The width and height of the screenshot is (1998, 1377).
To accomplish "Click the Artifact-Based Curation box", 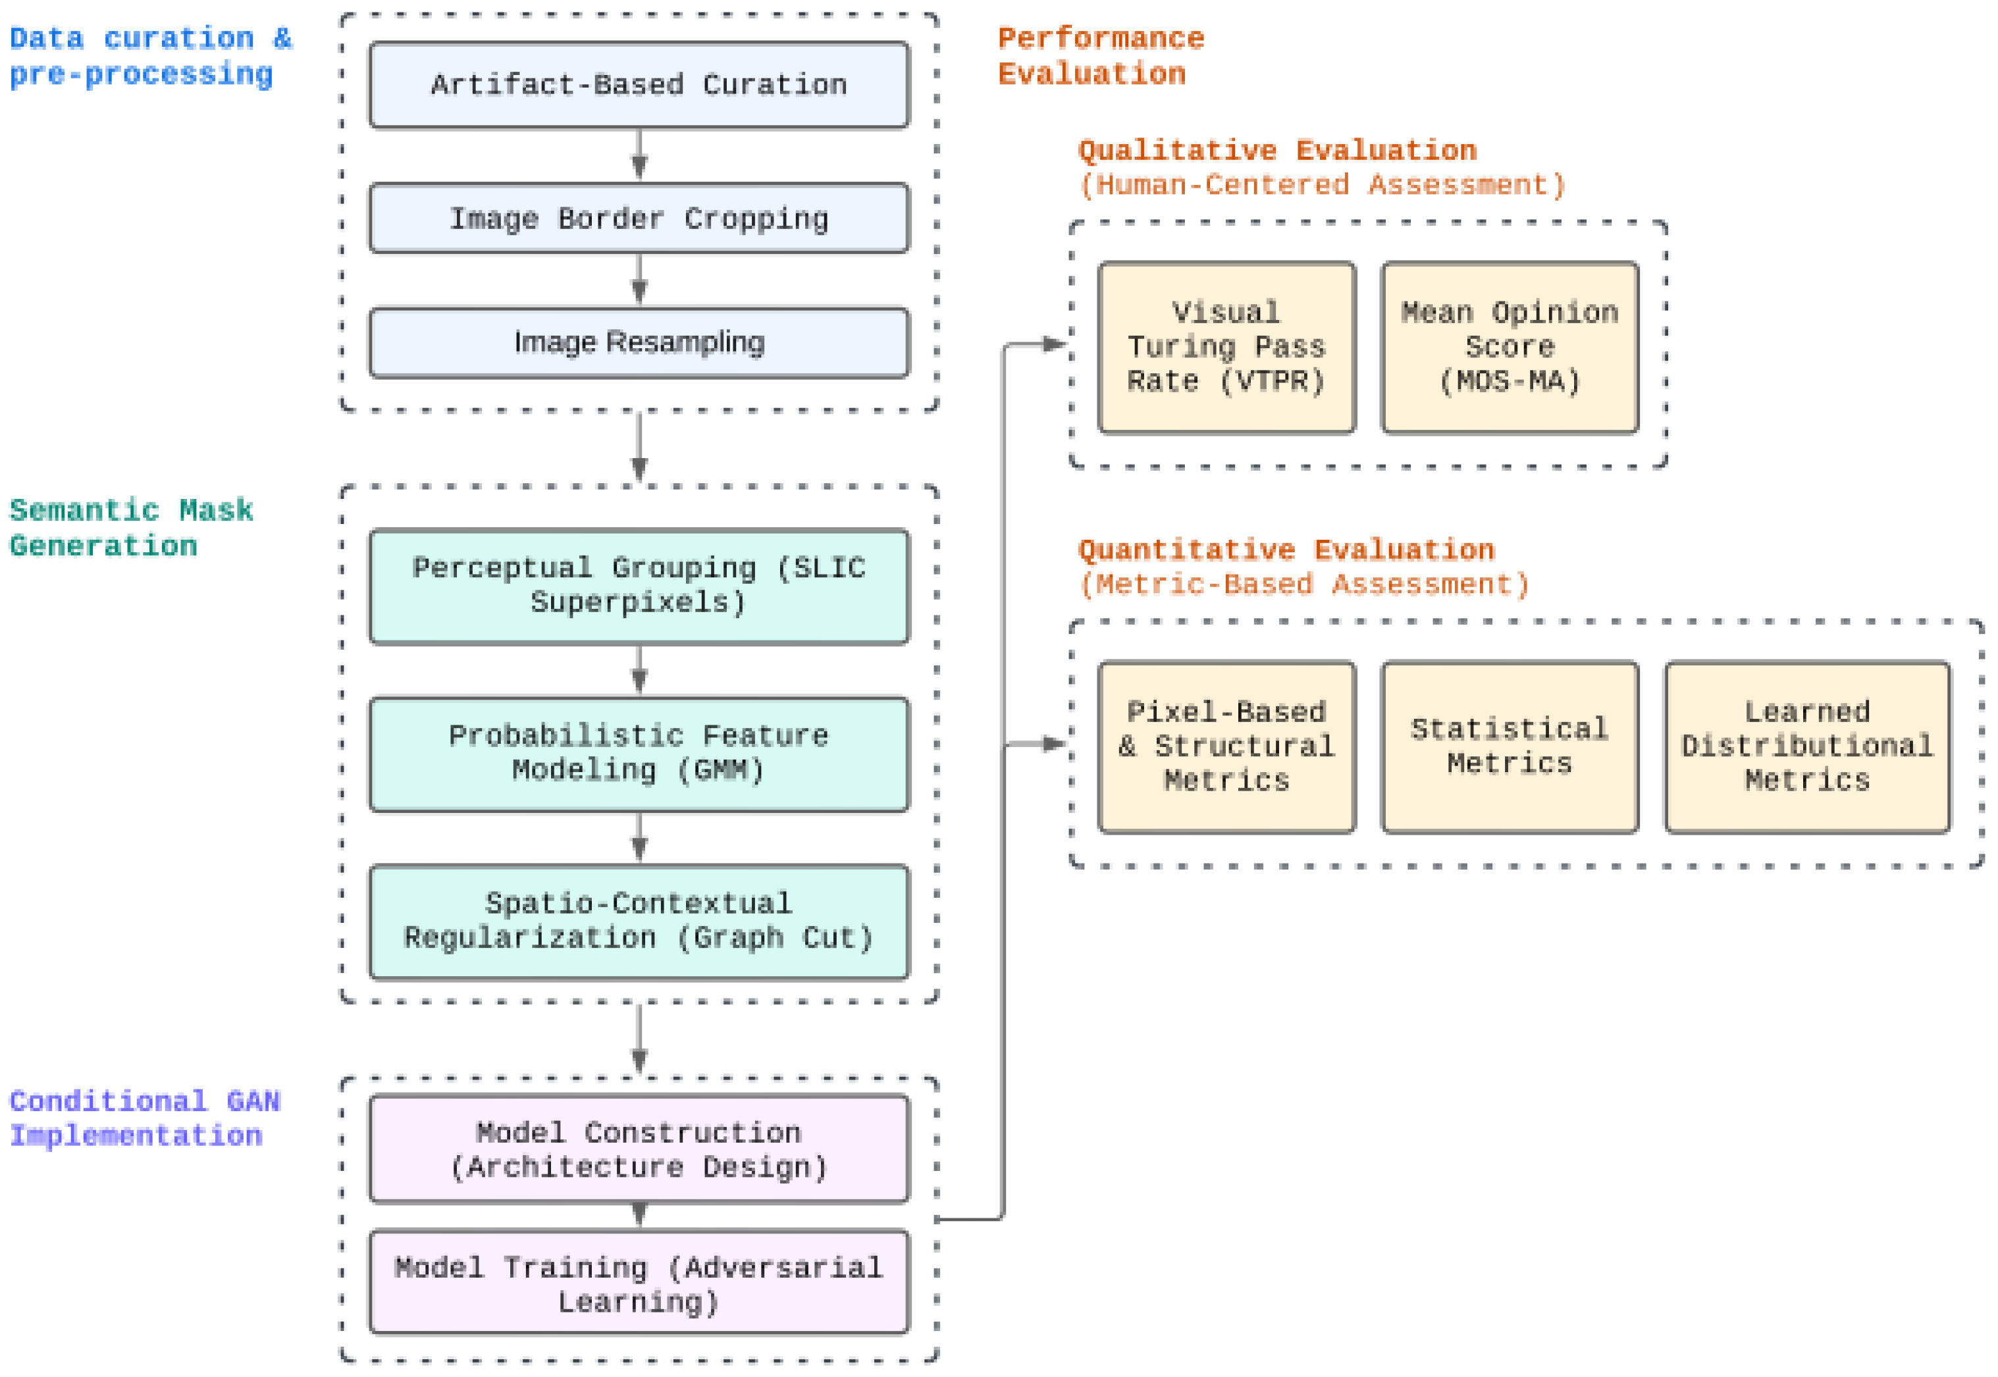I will click(639, 84).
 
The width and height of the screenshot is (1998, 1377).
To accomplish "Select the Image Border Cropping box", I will click(639, 219).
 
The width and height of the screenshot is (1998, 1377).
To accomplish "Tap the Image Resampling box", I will click(639, 342).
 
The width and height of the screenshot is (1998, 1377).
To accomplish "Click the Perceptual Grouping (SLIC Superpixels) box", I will click(639, 586).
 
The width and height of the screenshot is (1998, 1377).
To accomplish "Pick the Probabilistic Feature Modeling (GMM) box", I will click(639, 753).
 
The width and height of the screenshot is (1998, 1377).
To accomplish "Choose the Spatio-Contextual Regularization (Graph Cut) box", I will click(639, 922).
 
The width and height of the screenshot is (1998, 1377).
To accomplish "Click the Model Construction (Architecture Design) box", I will click(639, 1149).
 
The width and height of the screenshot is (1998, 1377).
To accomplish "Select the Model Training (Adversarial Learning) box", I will click(639, 1283).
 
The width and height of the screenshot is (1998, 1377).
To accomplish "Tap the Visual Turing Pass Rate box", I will click(1226, 347).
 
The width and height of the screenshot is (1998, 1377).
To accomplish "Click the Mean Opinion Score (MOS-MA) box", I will click(1509, 347).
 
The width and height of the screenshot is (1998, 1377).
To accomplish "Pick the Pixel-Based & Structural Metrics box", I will click(1226, 746).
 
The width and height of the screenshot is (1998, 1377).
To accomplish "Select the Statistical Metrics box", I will click(1509, 746).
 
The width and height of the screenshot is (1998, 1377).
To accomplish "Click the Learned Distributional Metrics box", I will click(1806, 746).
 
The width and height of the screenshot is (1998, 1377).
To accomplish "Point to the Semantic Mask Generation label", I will click(130, 528).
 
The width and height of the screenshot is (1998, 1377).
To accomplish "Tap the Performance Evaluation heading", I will click(1099, 56).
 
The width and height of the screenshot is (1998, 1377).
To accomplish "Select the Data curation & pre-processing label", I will click(148, 56).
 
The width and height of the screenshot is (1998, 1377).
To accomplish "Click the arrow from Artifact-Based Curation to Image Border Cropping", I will click(639, 155).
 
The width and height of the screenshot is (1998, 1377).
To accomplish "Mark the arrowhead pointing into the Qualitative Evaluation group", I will click(1054, 344).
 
